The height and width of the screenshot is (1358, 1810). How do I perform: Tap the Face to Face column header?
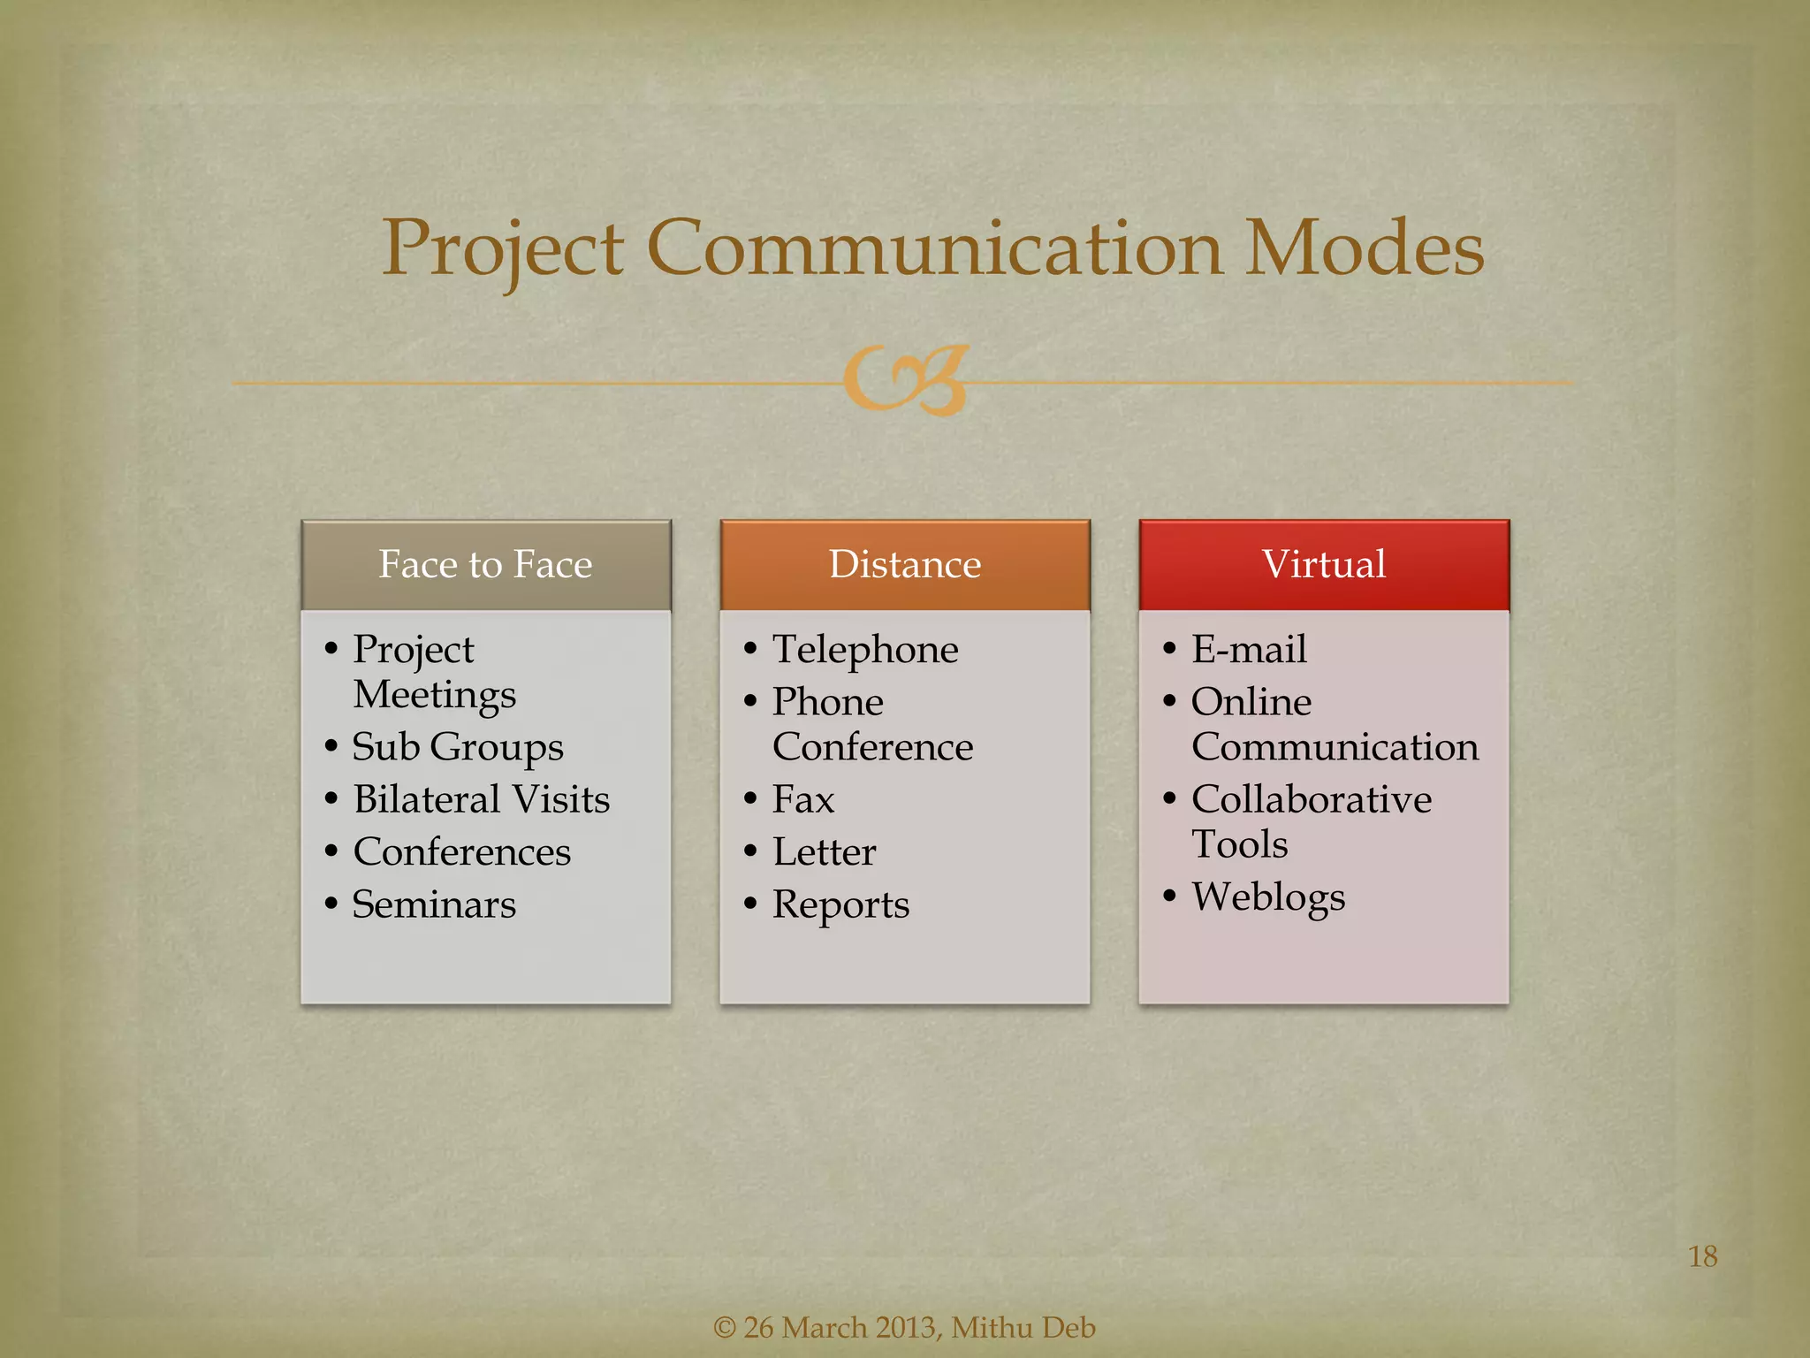[485, 564]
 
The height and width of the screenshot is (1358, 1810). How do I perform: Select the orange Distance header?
[904, 564]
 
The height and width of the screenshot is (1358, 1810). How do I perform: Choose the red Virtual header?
[1323, 564]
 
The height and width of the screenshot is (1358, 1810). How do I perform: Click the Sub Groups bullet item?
[457, 748]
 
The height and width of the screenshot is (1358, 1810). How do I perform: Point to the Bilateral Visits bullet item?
[481, 799]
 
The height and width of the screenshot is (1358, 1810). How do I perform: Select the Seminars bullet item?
[433, 904]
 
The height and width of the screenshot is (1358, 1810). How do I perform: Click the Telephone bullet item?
[864, 650]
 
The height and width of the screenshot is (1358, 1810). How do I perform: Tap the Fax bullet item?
[802, 799]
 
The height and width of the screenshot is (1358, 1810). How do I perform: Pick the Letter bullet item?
[824, 852]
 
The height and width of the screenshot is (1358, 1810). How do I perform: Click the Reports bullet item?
[840, 905]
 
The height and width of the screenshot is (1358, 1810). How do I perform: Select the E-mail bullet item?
[1248, 650]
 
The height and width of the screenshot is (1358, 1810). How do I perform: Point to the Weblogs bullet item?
[1267, 897]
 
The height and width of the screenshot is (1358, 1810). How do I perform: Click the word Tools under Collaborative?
[1239, 844]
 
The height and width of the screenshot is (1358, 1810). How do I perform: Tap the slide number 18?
[1702, 1256]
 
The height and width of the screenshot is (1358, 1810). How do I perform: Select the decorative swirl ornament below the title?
[906, 380]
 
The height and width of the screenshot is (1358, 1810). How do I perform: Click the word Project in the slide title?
[503, 250]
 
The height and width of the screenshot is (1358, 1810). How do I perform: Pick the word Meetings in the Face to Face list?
[434, 695]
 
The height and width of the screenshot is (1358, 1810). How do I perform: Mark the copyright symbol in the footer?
[724, 1328]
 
